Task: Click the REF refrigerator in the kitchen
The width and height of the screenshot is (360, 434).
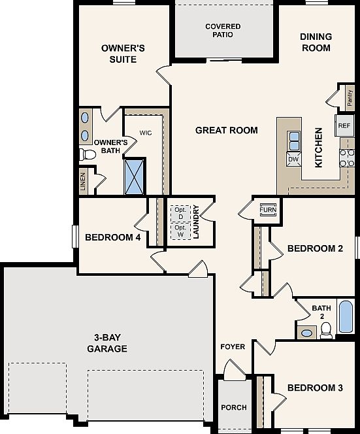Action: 344,125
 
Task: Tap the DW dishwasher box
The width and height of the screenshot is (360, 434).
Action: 293,159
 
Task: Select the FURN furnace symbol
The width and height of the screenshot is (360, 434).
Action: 268,210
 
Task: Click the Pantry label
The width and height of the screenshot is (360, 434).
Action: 350,98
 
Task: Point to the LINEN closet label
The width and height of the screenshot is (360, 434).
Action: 83,182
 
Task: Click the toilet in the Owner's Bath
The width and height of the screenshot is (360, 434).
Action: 88,155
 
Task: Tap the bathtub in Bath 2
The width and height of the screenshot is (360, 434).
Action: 346,316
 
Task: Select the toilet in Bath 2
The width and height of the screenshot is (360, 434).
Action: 326,331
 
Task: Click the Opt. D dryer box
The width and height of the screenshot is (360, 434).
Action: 180,213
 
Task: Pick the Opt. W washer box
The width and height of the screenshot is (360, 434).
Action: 180,231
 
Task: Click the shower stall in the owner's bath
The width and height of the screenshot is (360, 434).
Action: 135,177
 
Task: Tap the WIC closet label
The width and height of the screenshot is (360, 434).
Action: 146,133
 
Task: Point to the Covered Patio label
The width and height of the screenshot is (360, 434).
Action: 223,31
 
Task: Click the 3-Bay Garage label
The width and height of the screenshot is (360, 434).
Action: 107,343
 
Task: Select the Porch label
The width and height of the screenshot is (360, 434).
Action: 234,407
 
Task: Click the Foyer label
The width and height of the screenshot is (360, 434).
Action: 233,346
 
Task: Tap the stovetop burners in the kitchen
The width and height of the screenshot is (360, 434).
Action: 347,158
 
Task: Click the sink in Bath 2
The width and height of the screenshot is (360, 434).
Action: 306,333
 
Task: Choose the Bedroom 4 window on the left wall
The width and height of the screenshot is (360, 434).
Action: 74,237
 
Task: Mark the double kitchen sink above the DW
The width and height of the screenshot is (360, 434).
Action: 293,141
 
